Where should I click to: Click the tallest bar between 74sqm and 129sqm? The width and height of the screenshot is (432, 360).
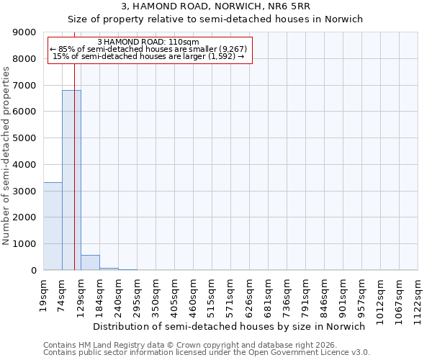pos(71,180)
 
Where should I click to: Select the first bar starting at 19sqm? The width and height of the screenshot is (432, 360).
pos(53,226)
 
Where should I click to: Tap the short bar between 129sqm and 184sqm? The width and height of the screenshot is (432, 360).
pos(90,263)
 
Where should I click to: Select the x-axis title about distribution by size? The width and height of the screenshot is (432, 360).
pos(230,326)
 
